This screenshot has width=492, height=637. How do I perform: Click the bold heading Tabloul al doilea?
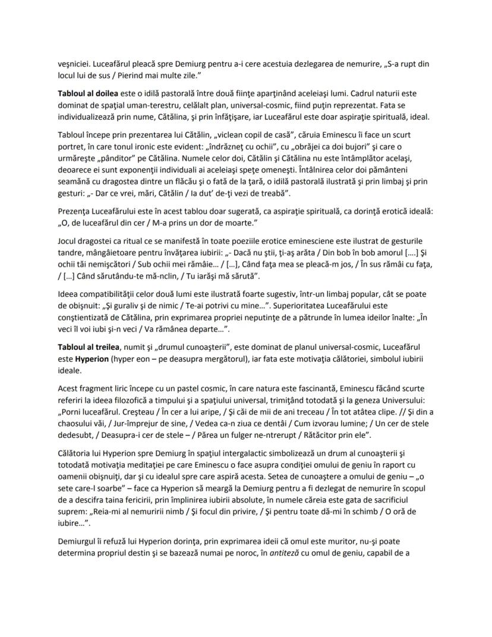pyautogui.click(x=88, y=94)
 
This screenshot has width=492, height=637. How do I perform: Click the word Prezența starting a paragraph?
pyautogui.click(x=75, y=212)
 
